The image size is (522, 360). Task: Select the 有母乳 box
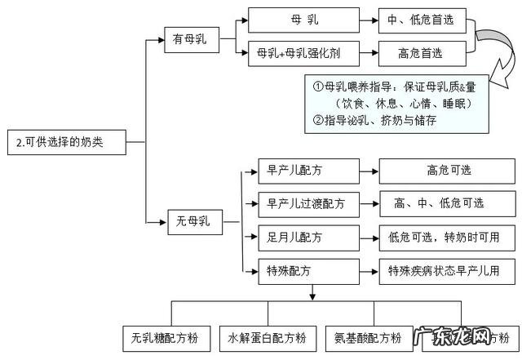[x=190, y=38]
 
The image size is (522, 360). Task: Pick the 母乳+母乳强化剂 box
[x=299, y=54]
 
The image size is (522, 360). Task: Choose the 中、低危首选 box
[x=421, y=20]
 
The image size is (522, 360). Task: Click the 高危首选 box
[x=421, y=54]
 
